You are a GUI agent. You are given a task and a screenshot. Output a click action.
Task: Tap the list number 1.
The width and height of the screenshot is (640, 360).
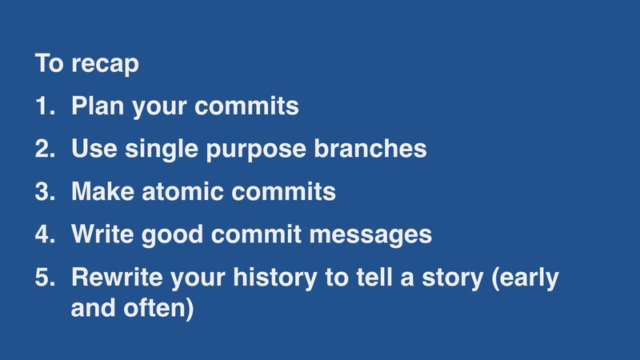tap(43, 106)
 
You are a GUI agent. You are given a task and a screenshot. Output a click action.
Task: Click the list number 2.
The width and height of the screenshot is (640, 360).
tap(44, 150)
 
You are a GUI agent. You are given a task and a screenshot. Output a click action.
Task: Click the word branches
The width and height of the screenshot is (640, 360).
tap(374, 150)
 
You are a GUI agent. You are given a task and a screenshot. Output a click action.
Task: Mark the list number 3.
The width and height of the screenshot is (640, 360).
tap(44, 193)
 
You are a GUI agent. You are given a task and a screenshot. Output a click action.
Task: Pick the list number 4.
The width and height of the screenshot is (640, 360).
tap(44, 235)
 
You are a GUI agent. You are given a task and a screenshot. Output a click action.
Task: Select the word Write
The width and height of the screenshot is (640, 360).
tap(102, 235)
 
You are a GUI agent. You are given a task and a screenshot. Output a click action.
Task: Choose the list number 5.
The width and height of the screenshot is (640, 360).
tap(44, 278)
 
